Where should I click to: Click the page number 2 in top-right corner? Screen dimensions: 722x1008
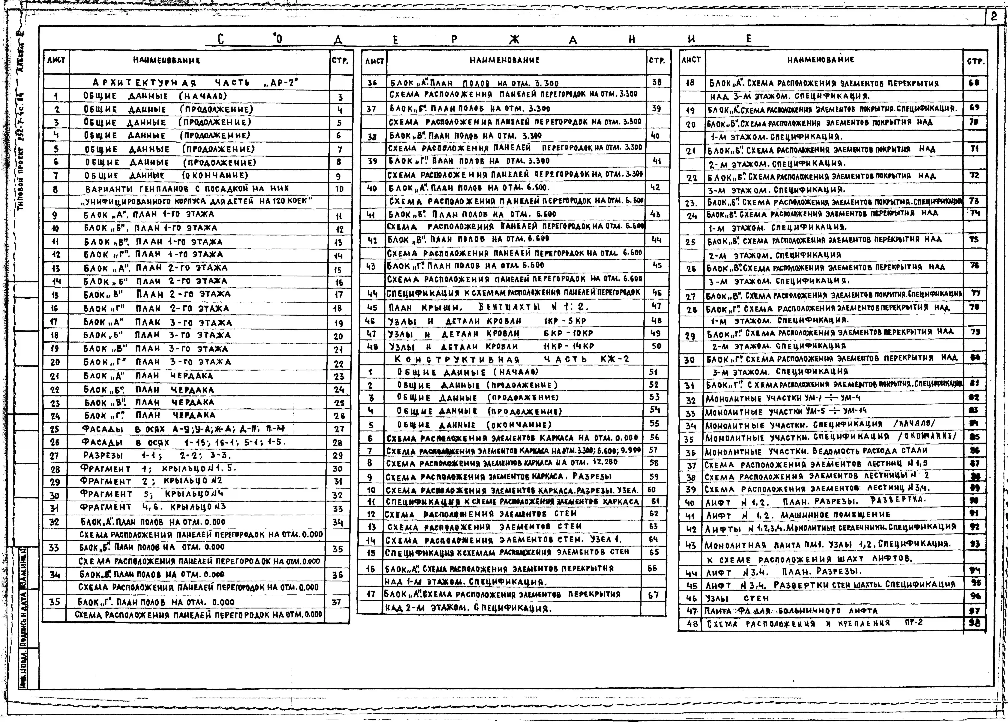[x=994, y=17]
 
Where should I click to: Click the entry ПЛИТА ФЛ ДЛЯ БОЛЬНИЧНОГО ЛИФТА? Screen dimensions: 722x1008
[x=791, y=611]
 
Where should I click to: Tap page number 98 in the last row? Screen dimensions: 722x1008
[x=974, y=623]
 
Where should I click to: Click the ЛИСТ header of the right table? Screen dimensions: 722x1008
[x=691, y=60]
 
